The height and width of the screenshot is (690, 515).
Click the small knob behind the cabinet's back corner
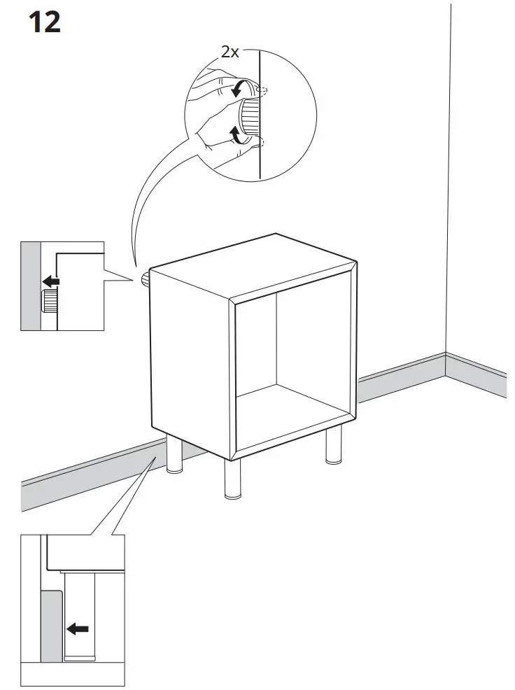click(x=145, y=280)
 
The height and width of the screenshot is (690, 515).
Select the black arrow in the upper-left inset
click(x=50, y=281)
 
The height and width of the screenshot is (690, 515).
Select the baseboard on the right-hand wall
click(x=476, y=375)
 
